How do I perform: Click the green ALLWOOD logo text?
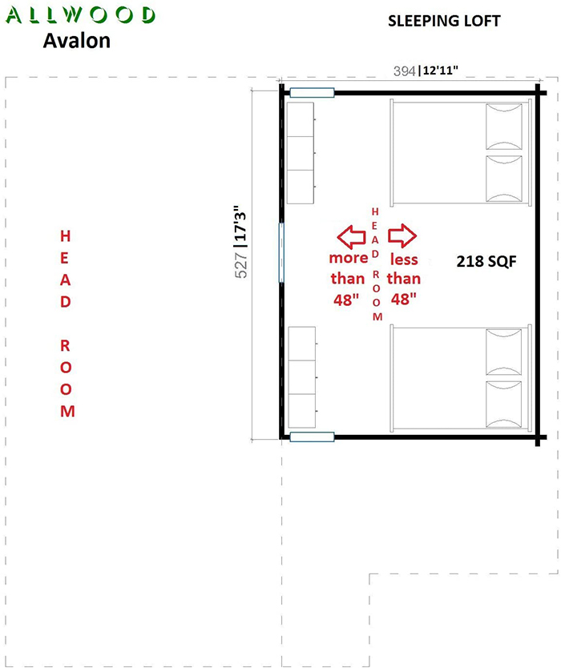pos(80,15)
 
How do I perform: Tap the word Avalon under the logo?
pos(77,41)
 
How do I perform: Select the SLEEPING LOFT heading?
pos(444,21)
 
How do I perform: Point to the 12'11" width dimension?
pos(440,70)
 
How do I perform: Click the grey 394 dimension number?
pos(404,70)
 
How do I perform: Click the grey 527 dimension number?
pos(241,265)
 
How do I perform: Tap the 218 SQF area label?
pos(486,261)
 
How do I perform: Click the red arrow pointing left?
pos(351,237)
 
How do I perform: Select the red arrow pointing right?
pos(402,235)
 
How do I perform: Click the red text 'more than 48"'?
pos(348,279)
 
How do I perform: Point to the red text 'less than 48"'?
pos(404,279)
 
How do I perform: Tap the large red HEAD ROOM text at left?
pos(66,324)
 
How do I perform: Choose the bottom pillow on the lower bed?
pos(504,404)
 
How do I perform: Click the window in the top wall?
pos(312,93)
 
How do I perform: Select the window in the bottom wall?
pos(312,437)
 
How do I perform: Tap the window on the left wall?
pos(281,252)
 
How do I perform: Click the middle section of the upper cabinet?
pos(301,153)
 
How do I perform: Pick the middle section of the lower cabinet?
pos(302,377)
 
